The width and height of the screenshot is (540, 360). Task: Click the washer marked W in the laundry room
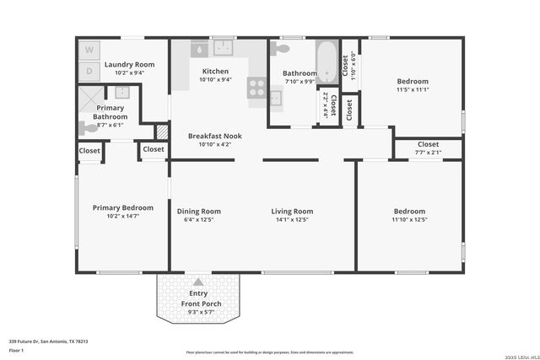click(x=89, y=51)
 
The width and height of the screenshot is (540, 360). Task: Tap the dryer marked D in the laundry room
click(x=89, y=70)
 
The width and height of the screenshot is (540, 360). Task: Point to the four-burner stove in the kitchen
click(x=256, y=87)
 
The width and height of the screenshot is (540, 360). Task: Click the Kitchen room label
click(x=215, y=72)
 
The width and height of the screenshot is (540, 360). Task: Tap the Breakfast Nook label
click(x=214, y=136)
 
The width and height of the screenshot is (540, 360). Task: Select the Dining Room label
click(x=198, y=212)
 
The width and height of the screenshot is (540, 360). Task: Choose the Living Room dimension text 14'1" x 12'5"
click(x=291, y=220)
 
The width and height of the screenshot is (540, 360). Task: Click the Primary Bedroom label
click(x=123, y=207)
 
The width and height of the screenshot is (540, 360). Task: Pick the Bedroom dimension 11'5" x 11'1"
click(x=413, y=89)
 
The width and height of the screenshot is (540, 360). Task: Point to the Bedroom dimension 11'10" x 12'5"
click(x=409, y=220)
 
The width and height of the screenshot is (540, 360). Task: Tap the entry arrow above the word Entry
click(x=198, y=282)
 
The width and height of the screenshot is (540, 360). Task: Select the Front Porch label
click(x=198, y=304)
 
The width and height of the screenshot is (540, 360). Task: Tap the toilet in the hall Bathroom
click(x=281, y=49)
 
